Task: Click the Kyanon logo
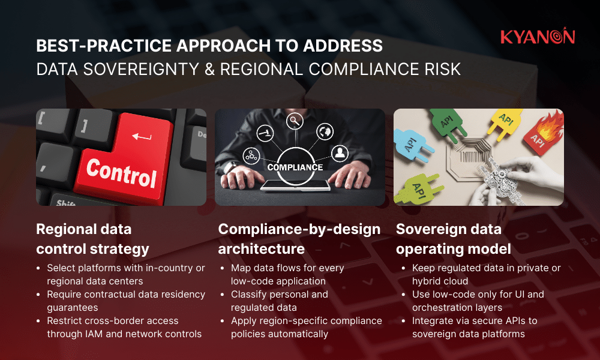pos(537,37)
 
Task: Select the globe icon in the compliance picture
pos(325,131)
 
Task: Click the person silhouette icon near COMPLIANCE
pos(340,153)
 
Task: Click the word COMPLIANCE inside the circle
pos(295,167)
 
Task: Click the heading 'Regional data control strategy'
pos(93,238)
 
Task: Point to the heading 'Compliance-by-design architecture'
pos(299,238)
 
